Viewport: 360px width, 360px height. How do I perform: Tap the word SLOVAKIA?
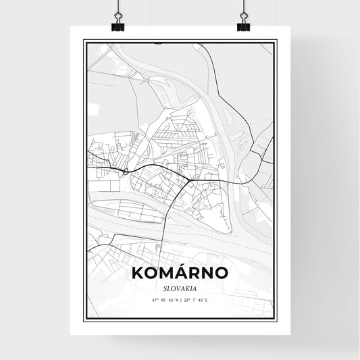(180, 286)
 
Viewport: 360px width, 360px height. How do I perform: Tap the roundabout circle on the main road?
(126, 171)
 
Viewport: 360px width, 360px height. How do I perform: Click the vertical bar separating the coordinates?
(180, 299)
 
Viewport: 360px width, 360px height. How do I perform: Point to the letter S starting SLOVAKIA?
(163, 286)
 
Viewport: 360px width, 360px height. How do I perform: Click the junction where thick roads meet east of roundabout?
(187, 180)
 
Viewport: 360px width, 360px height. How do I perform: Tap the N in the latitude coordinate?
(175, 299)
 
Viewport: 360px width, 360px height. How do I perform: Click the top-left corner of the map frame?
(84, 41)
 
